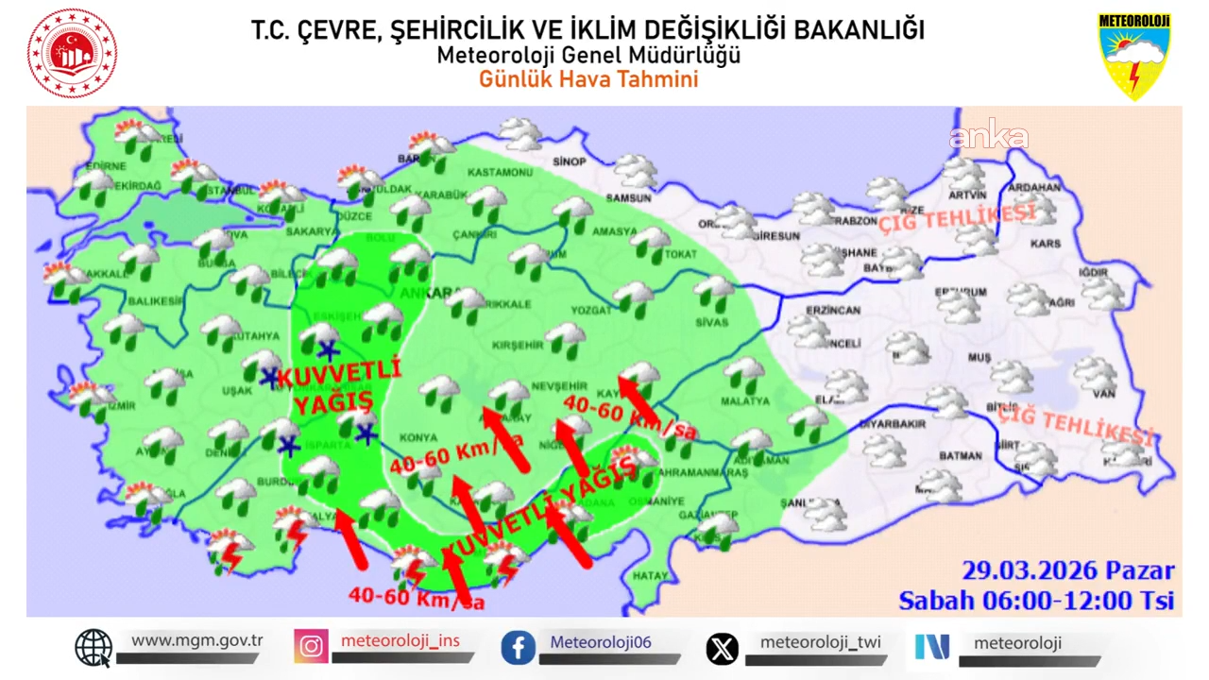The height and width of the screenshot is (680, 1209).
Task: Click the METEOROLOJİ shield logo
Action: point(1133,56)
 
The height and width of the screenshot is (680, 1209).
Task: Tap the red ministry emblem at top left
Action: point(72,54)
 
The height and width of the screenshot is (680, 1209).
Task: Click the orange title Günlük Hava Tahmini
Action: point(587,79)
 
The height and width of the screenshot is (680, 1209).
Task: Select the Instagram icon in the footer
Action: point(311,647)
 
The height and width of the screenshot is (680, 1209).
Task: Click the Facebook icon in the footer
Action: point(519,648)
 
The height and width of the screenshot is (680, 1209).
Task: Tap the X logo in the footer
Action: point(723,649)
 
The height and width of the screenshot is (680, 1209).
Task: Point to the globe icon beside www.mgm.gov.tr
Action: point(94,647)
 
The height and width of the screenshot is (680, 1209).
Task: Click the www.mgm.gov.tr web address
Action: point(196,640)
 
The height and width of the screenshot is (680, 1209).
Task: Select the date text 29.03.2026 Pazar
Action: point(1067,570)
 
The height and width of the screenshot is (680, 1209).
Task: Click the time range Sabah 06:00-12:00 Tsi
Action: point(1035,601)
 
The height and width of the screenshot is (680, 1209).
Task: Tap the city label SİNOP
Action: point(569,161)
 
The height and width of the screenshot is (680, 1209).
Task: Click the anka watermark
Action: point(988,138)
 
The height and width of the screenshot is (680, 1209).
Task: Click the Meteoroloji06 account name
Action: point(601,642)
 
